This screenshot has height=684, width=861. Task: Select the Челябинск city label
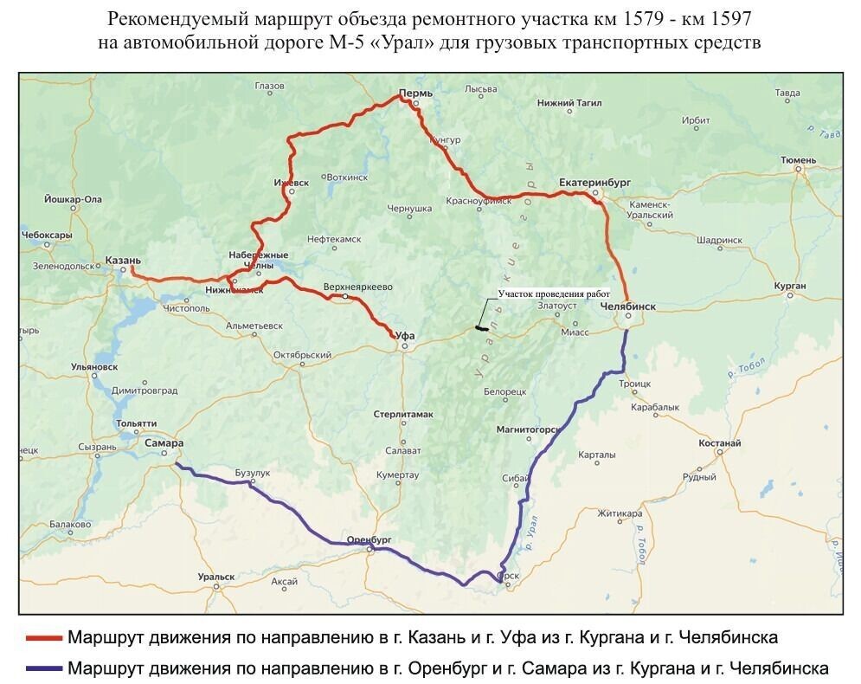pos(627,306)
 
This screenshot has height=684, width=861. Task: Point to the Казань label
pos(123,259)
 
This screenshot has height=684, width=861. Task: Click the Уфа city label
pos(404,334)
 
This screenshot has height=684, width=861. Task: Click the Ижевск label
pos(291,184)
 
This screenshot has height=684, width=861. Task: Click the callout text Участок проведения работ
pos(555,294)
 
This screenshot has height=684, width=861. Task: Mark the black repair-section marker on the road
pos(481,327)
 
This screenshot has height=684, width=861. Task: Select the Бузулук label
pos(253,474)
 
